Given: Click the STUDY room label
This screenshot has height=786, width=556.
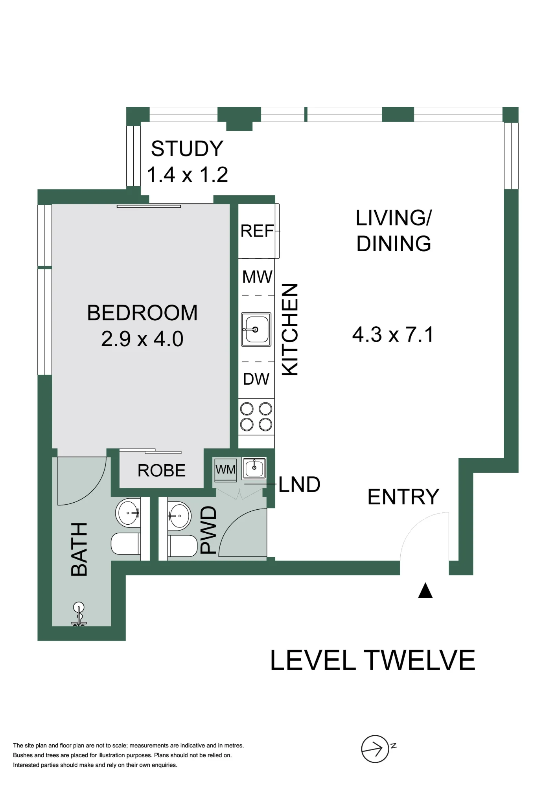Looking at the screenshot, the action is (187, 149).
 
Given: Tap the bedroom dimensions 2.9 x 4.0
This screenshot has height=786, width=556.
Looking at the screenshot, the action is (142, 339).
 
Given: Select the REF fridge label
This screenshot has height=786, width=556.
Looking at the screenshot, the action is (257, 231).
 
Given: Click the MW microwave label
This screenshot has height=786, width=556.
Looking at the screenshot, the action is (257, 277).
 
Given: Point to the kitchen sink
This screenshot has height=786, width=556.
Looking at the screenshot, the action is (256, 329).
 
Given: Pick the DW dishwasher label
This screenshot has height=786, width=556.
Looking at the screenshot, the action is (256, 379).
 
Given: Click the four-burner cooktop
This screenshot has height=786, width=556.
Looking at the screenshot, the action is (256, 417).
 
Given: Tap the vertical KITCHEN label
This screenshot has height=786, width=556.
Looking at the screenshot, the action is (290, 329).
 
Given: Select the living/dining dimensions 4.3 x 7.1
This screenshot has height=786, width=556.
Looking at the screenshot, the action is (393, 334).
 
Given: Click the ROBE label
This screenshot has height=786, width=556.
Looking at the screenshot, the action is (162, 470).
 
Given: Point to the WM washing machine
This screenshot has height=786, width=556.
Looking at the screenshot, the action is (225, 470).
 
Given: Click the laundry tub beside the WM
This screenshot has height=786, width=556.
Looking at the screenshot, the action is (254, 468).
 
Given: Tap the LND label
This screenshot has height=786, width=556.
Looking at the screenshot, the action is (300, 485).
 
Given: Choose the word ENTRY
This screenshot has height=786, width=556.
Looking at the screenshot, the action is (403, 497).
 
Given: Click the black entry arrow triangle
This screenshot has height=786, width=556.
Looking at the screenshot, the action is (425, 590).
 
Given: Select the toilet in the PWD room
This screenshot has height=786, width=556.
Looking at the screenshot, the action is (182, 546).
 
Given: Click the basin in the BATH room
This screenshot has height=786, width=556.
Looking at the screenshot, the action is (128, 513).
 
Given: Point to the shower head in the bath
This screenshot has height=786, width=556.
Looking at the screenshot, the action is (79, 613).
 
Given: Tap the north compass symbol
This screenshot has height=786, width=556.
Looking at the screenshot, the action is (376, 749).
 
